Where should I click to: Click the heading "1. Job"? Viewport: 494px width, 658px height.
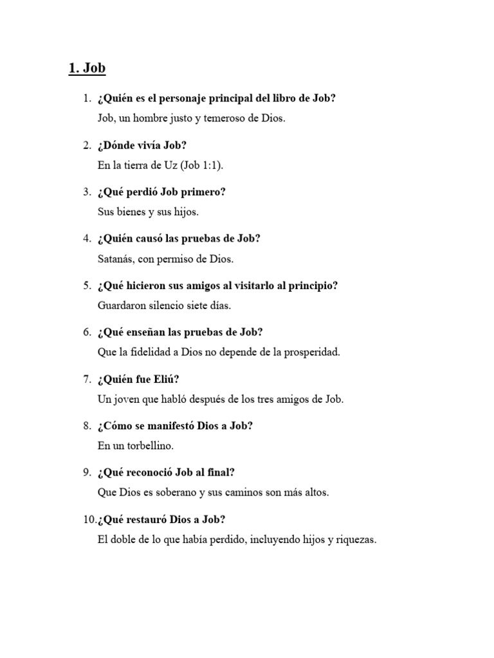click(87, 69)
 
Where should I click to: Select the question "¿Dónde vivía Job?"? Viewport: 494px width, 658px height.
click(142, 145)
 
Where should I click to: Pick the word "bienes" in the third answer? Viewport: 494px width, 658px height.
click(129, 212)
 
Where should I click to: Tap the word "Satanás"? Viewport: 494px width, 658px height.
click(116, 259)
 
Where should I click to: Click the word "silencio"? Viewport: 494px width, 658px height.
click(172, 306)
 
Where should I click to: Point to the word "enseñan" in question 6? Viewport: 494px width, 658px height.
click(140, 332)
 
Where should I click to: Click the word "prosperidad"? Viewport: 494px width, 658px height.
click(311, 352)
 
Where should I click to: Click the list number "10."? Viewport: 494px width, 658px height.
click(88, 520)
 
